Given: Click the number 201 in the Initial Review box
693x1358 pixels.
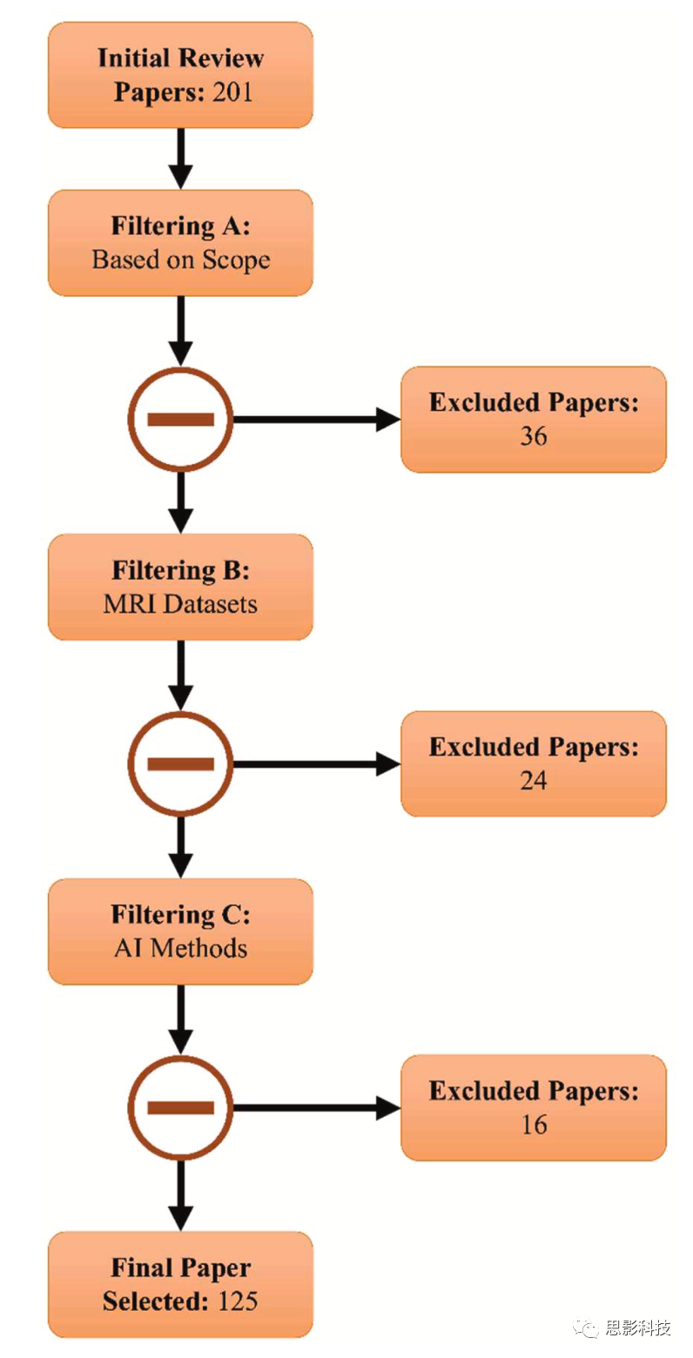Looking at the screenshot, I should point(232,91).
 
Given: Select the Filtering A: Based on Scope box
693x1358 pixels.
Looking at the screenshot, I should point(180,242).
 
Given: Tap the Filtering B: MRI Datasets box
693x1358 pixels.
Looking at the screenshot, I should point(180,587).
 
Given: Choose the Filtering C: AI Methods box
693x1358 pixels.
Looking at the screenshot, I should point(180,931).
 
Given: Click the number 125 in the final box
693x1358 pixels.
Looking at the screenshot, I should point(239,1301).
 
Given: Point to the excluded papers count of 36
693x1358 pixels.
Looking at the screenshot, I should point(533,436).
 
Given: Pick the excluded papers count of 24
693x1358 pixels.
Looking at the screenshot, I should point(533,781).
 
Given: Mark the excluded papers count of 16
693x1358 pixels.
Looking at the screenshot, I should point(533,1125).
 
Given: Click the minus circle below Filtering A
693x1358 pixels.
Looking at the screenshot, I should point(180,420).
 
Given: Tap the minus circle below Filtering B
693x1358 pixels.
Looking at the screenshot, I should point(180,764).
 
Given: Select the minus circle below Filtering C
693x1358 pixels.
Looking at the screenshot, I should point(180,1108).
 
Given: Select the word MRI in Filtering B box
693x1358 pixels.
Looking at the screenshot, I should point(124,603).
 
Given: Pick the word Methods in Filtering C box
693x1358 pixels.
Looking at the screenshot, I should point(198,948).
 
